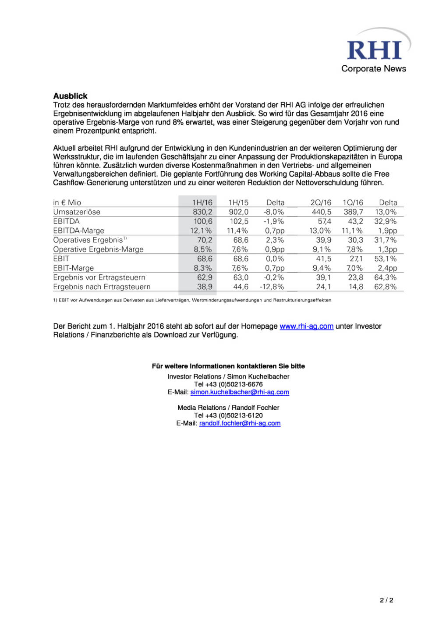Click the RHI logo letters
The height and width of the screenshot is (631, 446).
coord(374,50)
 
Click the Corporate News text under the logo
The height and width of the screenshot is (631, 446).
coord(373,69)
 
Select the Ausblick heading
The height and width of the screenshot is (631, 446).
coord(70,96)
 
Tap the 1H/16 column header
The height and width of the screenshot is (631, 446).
coord(202,202)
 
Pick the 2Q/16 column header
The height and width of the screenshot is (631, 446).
coord(320,202)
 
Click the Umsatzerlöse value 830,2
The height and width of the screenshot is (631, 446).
coord(202,212)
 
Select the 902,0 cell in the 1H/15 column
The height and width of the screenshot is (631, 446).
coord(239,212)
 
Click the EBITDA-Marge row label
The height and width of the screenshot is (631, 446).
coord(78,231)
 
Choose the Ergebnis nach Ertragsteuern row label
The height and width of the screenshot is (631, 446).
coord(102,287)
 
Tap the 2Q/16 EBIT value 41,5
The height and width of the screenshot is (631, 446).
coord(323,259)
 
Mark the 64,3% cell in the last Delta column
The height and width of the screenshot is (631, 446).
coord(385,277)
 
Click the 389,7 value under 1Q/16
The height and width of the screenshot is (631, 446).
coord(353,212)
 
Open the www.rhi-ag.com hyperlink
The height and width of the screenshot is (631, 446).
coord(306,326)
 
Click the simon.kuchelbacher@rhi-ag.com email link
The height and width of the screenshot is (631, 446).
coord(239,392)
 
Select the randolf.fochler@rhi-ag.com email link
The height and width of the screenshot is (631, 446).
coord(240,423)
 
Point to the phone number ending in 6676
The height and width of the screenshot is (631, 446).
coord(228,384)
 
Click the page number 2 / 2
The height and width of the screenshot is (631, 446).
coord(386,600)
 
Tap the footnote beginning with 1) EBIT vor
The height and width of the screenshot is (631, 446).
coord(192,300)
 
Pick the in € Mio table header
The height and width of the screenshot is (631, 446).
coord(67,202)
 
